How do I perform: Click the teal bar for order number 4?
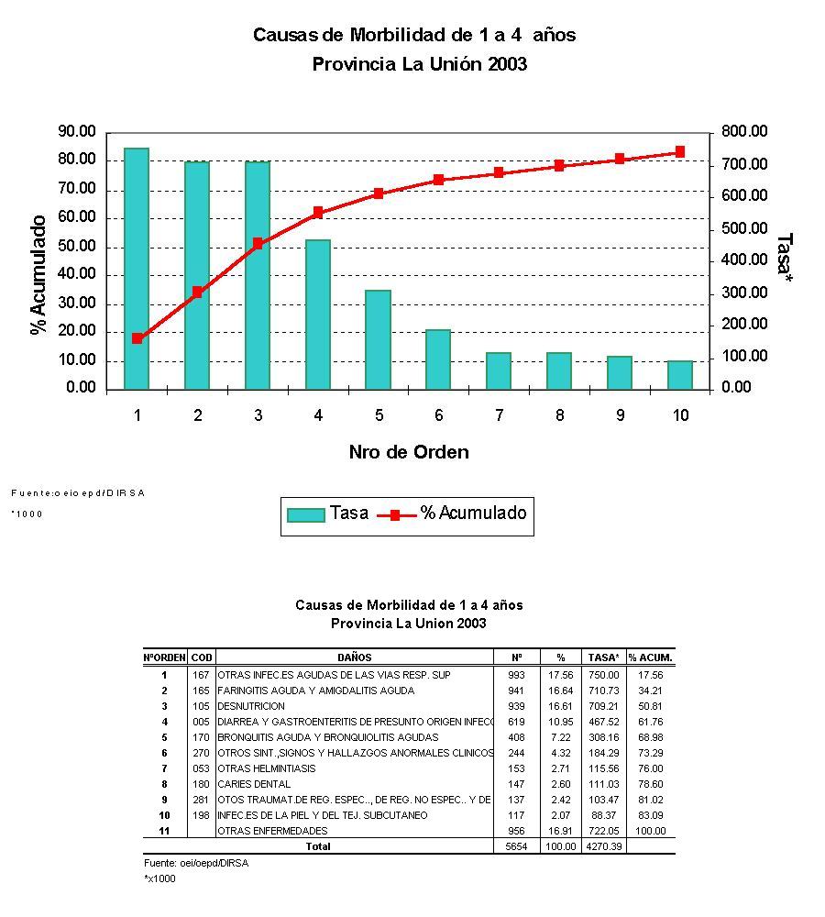click(x=318, y=314)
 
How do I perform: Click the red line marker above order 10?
click(x=679, y=152)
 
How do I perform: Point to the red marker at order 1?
click(x=137, y=338)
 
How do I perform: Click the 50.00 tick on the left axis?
click(x=74, y=247)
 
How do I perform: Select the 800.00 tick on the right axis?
click(x=742, y=132)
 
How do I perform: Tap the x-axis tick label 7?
click(x=499, y=415)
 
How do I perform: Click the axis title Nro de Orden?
click(x=408, y=452)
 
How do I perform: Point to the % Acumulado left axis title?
click(x=38, y=275)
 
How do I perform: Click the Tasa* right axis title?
click(x=783, y=258)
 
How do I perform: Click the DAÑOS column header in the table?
click(x=354, y=657)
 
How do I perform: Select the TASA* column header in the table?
click(x=604, y=657)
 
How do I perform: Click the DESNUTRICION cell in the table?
click(x=251, y=706)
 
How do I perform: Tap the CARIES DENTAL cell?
click(x=254, y=784)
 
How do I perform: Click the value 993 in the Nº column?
click(x=515, y=675)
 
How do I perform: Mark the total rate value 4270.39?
click(x=604, y=846)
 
